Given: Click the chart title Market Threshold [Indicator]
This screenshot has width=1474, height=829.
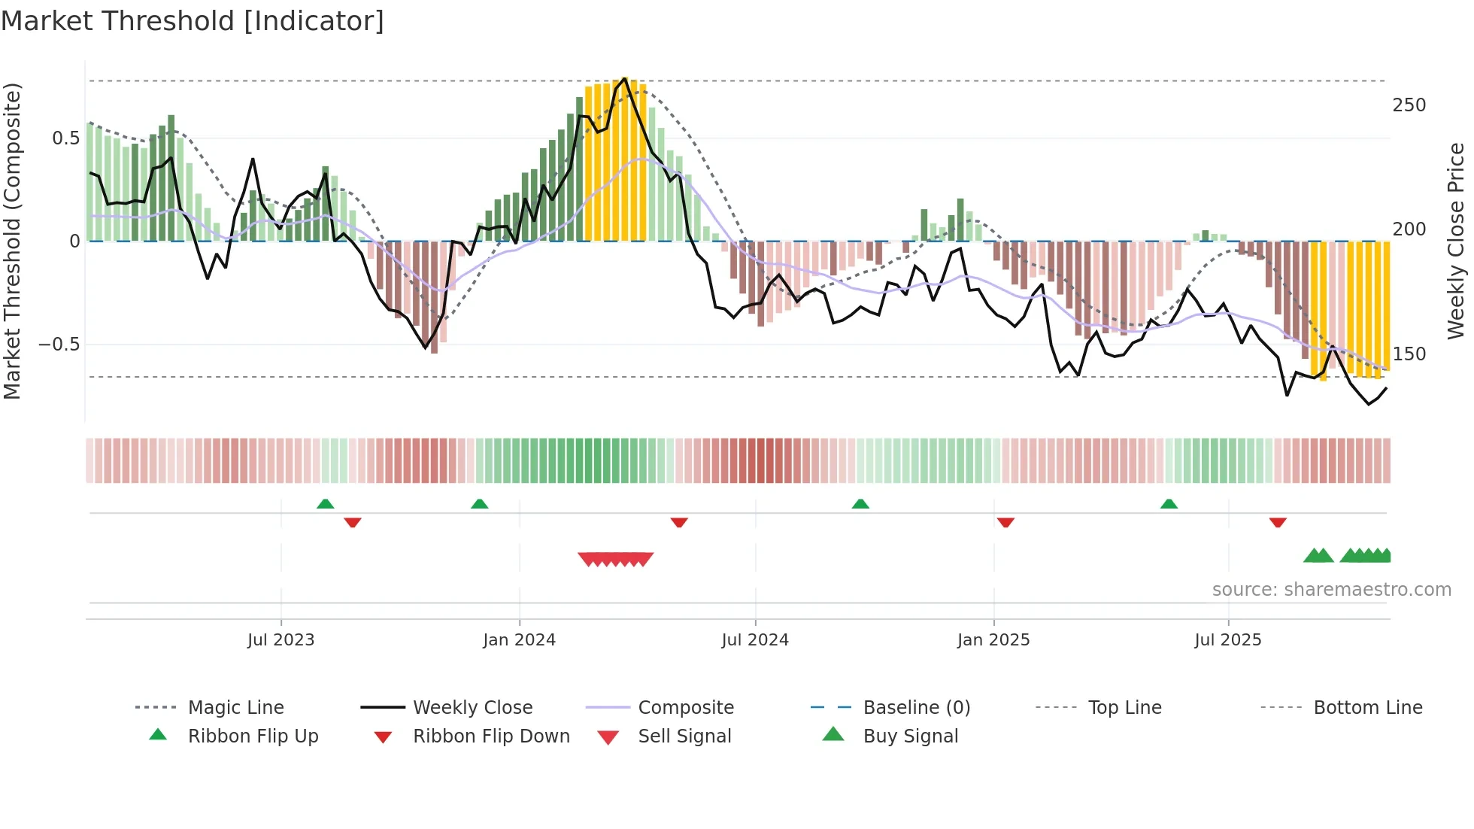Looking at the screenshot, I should pyautogui.click(x=193, y=21).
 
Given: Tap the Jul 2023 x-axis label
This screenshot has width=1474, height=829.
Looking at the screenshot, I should pyautogui.click(x=281, y=640).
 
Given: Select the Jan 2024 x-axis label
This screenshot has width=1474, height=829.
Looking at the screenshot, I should pyautogui.click(x=519, y=640).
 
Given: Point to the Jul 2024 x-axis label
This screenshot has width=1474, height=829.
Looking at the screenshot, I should pyautogui.click(x=755, y=640).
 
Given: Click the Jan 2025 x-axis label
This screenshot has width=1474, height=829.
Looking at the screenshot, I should pyautogui.click(x=993, y=640).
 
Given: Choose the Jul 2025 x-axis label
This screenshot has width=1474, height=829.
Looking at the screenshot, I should pyautogui.click(x=1228, y=640).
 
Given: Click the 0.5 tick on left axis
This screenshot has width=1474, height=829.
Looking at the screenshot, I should pyautogui.click(x=65, y=138).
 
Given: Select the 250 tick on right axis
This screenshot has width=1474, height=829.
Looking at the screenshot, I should pyautogui.click(x=1409, y=105).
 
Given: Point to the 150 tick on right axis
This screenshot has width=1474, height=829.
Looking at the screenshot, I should pyautogui.click(x=1409, y=354).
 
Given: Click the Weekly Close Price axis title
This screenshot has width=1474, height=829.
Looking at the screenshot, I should pyautogui.click(x=1456, y=241).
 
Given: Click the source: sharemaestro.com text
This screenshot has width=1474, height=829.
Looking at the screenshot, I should pyautogui.click(x=1331, y=590).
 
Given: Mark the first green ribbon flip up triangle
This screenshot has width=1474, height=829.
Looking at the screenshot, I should pyautogui.click(x=325, y=504).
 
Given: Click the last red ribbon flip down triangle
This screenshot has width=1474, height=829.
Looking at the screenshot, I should pyautogui.click(x=1278, y=522).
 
